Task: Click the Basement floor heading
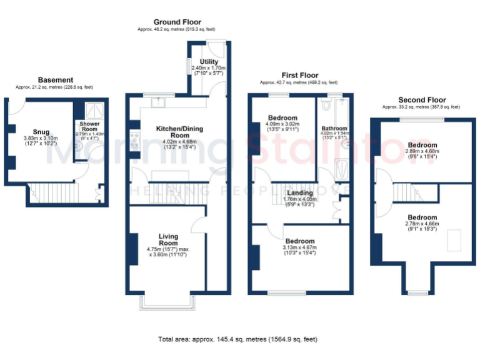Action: tap(56, 80)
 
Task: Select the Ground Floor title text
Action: tap(178, 22)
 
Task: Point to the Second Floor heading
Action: tap(422, 99)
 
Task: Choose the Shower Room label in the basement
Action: tap(89, 124)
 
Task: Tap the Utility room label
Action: tap(209, 62)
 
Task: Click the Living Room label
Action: tap(168, 239)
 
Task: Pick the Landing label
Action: tap(299, 193)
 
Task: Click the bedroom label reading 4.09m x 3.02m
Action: tap(284, 117)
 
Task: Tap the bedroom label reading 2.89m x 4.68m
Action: tap(422, 145)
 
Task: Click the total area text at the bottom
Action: tap(237, 339)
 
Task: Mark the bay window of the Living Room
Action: tap(167, 302)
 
